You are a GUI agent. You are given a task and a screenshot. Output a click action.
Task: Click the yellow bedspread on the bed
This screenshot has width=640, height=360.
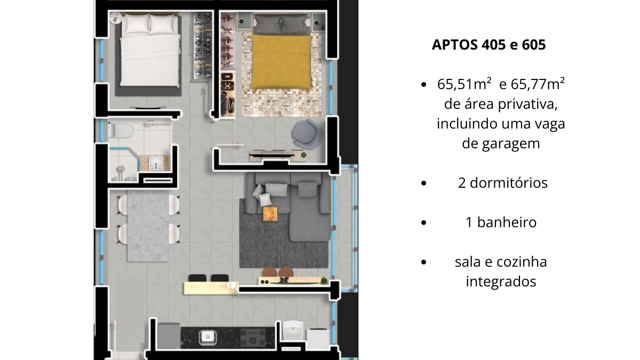click(x=282, y=61)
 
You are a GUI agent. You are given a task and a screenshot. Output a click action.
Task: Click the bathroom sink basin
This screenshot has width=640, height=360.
click(x=156, y=163)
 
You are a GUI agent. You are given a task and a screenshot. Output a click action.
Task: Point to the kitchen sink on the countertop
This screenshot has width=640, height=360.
click(x=207, y=336)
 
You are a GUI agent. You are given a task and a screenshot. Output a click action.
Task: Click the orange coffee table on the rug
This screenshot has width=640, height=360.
click(x=270, y=213)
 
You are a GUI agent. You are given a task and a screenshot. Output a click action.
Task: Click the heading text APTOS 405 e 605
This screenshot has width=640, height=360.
click(x=489, y=45)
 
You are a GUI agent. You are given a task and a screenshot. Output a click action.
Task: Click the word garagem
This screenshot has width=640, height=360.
click(x=501, y=144)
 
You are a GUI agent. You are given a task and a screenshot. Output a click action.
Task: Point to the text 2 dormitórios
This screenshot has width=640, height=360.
click(x=502, y=183)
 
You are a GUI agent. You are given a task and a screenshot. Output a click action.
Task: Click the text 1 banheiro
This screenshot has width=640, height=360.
click(x=501, y=222)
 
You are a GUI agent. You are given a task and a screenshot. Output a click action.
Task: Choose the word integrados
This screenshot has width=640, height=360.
click(x=501, y=281)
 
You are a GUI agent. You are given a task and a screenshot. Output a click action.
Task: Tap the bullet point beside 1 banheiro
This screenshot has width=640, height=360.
click(x=423, y=223)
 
